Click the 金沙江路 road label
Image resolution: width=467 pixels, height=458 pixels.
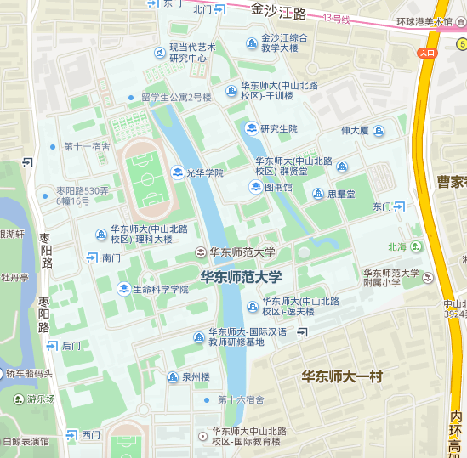pyautogui.click(x=278, y=12)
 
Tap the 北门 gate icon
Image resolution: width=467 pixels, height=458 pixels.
pyautogui.click(x=219, y=9)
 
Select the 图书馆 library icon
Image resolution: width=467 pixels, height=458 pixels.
pyautogui.click(x=254, y=187)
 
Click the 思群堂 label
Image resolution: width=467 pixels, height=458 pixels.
pyautogui.click(x=341, y=194)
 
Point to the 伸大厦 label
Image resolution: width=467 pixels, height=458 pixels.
pyautogui.click(x=355, y=130)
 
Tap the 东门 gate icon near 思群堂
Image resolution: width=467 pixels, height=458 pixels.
pyautogui.click(x=399, y=206)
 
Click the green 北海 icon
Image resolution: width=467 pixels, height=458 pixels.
pyautogui.click(x=416, y=246)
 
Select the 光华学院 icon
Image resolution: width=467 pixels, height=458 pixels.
pyautogui.click(x=177, y=172)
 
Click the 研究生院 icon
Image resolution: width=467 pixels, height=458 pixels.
pyautogui.click(x=251, y=128)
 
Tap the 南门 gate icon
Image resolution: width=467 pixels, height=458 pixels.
pyautogui.click(x=91, y=257)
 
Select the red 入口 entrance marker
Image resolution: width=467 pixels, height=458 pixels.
pyautogui.click(x=427, y=53)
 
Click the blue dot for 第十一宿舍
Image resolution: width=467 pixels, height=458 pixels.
pyautogui.click(x=53, y=146)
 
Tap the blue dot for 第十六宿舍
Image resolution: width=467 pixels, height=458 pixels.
pyautogui.click(x=207, y=399)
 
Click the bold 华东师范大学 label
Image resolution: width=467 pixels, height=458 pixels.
pyautogui.click(x=241, y=276)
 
